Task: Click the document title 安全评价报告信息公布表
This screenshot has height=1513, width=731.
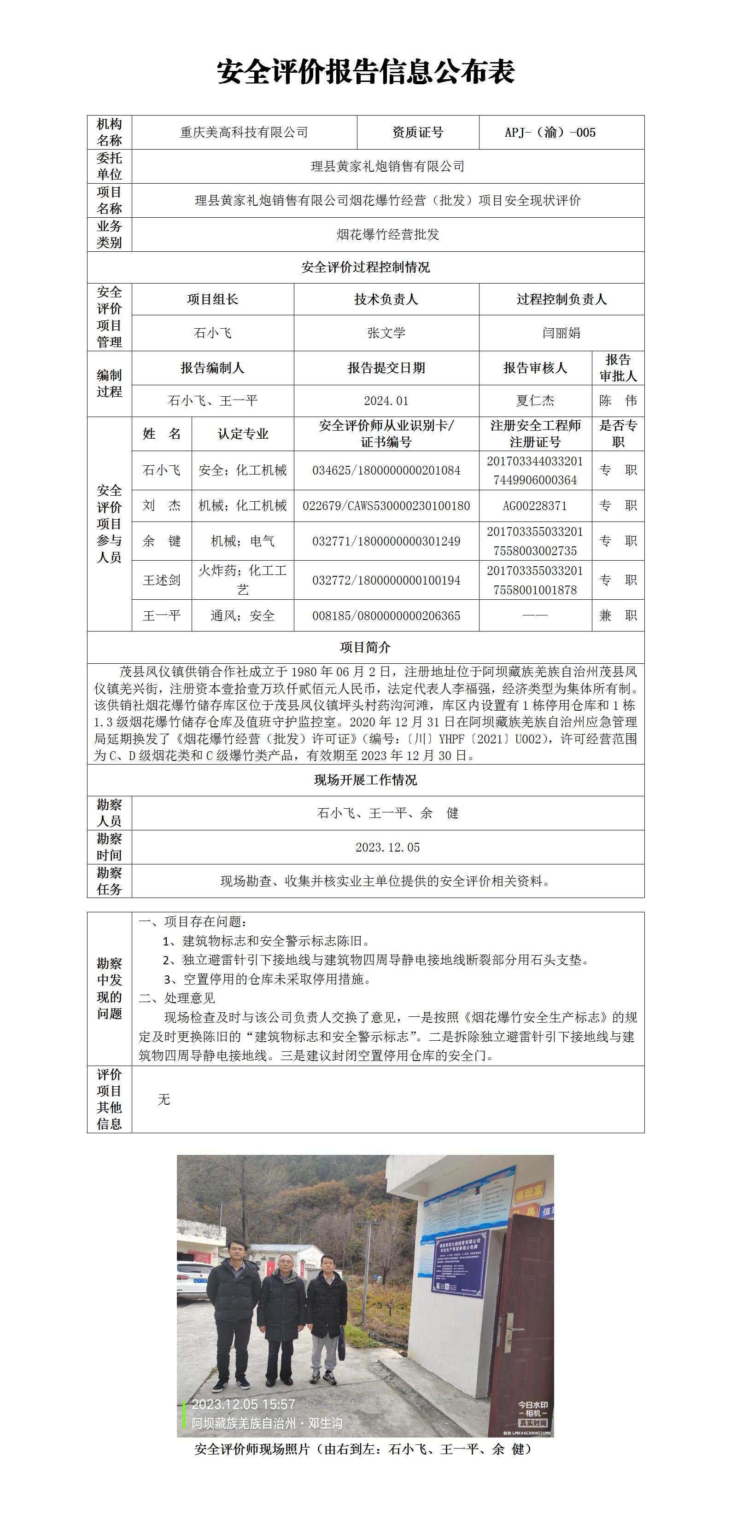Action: click(366, 72)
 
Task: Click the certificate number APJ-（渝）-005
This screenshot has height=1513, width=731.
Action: click(550, 133)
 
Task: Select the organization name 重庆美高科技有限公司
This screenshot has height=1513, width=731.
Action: click(244, 133)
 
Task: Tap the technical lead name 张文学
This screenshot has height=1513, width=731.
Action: click(386, 333)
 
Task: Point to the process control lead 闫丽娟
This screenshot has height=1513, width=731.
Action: click(561, 333)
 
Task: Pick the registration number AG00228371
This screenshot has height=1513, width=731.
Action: click(535, 506)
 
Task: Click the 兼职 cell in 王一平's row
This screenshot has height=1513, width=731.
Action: click(618, 615)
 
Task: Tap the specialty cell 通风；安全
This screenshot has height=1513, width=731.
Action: click(243, 615)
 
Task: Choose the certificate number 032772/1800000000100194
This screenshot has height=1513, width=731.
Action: click(386, 580)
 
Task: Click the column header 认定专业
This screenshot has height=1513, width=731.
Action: click(243, 434)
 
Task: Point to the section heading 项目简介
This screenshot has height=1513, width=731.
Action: click(366, 647)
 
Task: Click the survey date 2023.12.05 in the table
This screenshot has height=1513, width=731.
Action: click(387, 847)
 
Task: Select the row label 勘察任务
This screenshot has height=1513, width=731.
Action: click(109, 881)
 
